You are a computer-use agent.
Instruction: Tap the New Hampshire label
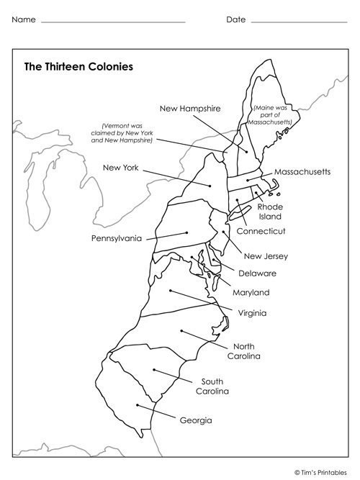click(189, 108)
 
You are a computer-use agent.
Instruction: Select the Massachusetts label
click(302, 172)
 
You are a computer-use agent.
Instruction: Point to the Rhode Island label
click(270, 212)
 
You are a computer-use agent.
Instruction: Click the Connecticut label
click(261, 231)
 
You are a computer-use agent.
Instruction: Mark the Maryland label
click(251, 293)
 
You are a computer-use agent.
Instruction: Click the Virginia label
click(252, 313)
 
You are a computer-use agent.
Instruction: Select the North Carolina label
click(243, 350)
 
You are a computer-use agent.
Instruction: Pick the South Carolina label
click(213, 386)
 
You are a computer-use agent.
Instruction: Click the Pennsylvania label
click(116, 238)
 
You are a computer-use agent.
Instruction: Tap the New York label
click(120, 168)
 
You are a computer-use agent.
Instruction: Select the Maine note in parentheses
click(271, 115)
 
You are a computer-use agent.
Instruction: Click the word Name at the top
click(23, 19)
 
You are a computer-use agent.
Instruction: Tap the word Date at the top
click(235, 19)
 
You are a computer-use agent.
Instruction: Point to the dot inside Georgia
click(137, 404)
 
